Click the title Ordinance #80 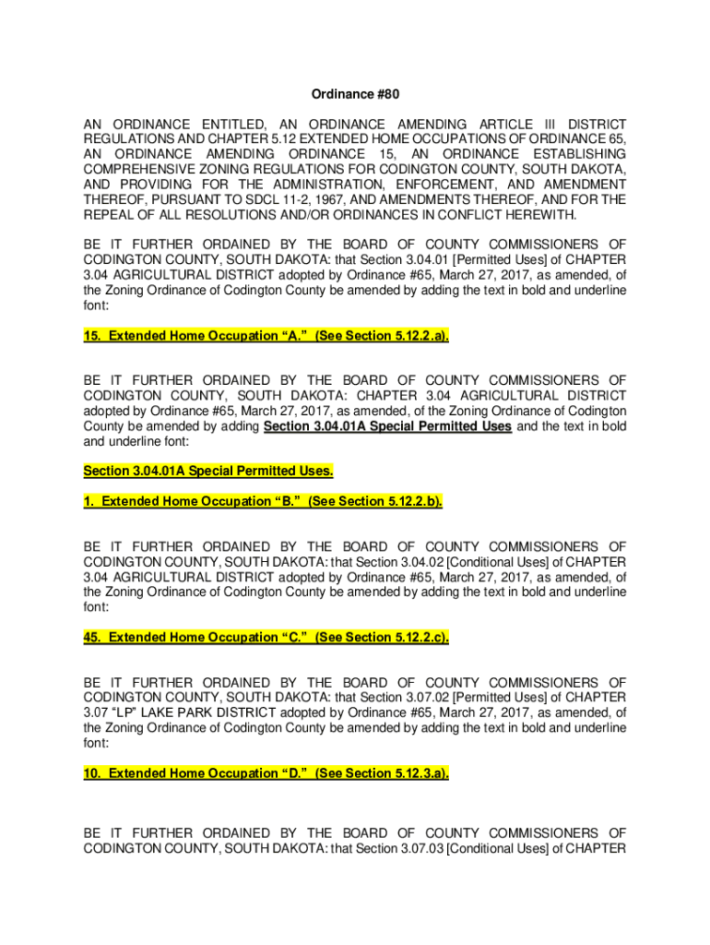pyautogui.click(x=355, y=94)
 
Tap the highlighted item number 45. pyautogui.click(x=92, y=638)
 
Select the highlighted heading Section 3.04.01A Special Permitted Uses pyautogui.click(x=208, y=471)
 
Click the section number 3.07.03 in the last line pyautogui.click(x=415, y=848)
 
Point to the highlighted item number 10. pyautogui.click(x=92, y=773)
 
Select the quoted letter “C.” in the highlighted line pyautogui.click(x=293, y=638)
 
